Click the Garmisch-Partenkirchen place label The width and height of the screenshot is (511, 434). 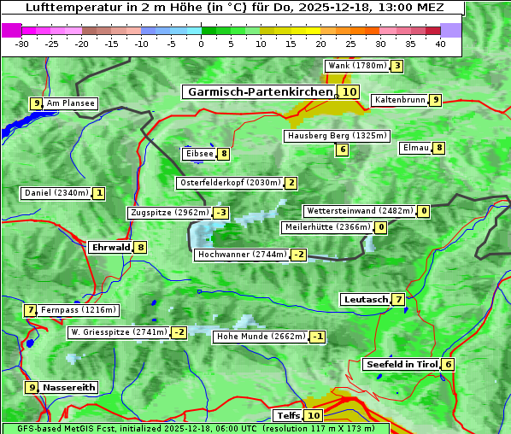click(259, 91)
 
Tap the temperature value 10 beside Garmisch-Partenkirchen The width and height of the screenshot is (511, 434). click(348, 91)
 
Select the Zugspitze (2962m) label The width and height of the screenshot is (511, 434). click(169, 213)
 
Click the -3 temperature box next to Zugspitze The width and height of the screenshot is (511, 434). click(221, 213)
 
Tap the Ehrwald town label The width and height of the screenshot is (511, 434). click(109, 247)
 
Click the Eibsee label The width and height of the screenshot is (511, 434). click(199, 154)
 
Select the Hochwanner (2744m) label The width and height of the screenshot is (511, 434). click(242, 255)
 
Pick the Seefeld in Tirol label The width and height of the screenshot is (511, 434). click(401, 364)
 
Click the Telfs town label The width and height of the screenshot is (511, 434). click(288, 416)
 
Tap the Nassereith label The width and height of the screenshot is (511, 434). click(69, 387)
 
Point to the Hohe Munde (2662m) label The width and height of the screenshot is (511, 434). click(261, 337)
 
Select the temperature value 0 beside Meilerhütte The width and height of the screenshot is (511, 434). click(380, 227)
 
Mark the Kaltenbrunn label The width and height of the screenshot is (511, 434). click(399, 100)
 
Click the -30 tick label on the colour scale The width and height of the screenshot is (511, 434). click(22, 44)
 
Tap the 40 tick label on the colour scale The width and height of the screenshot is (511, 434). click(440, 44)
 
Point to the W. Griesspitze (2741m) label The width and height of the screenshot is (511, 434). click(119, 332)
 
